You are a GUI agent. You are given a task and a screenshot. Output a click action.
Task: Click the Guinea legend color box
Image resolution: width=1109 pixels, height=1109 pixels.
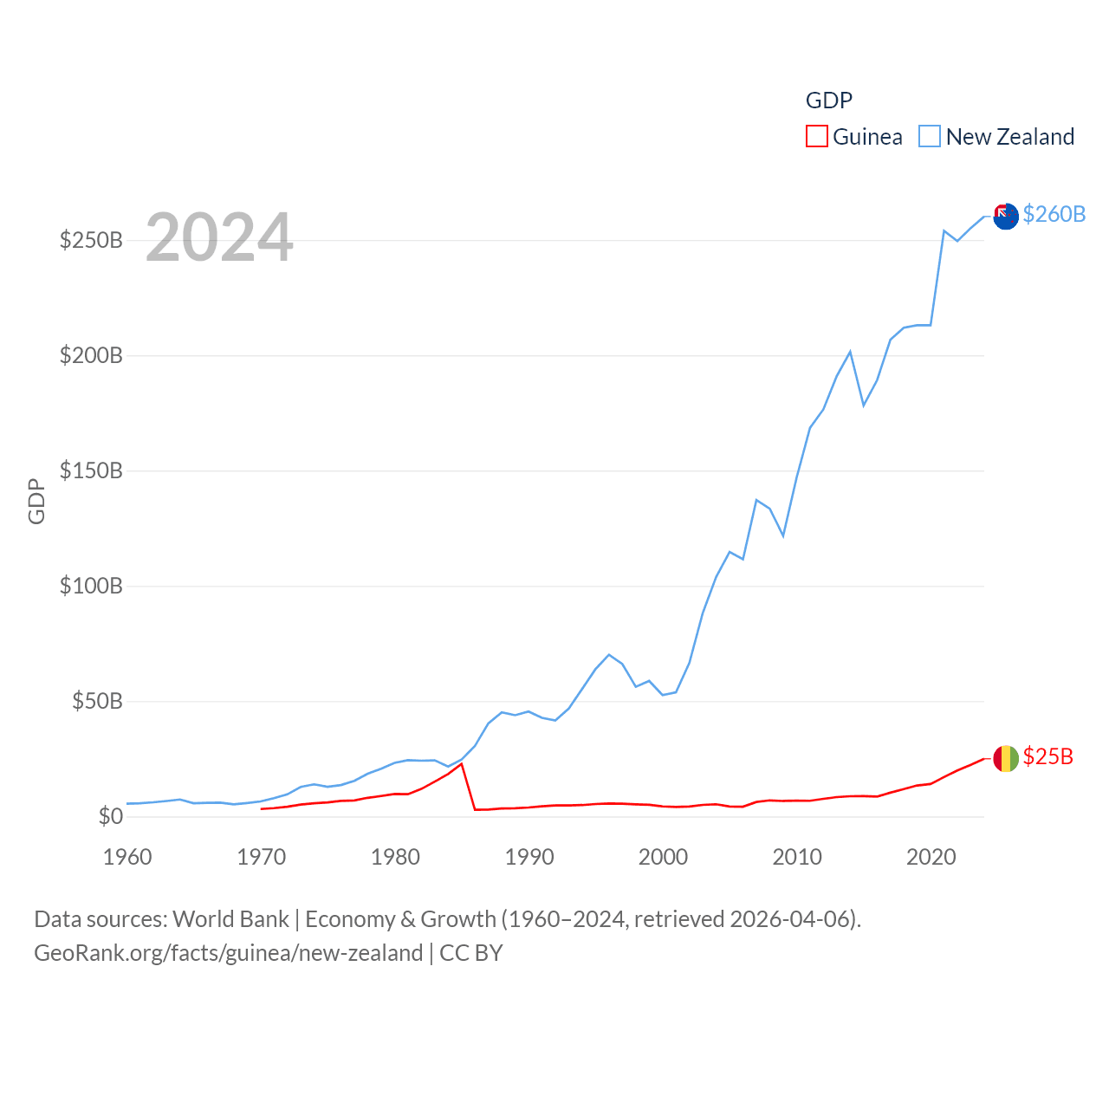coord(817,137)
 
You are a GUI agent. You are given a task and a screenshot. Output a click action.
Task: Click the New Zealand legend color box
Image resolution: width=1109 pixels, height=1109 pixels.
coord(930,137)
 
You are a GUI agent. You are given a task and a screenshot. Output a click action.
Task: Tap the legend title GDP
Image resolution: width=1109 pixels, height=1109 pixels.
coord(829,101)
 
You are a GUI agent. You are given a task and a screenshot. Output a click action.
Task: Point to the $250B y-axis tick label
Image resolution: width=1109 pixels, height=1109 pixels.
coord(91,240)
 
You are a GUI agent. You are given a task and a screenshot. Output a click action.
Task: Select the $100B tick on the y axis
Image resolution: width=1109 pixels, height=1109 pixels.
coord(91,586)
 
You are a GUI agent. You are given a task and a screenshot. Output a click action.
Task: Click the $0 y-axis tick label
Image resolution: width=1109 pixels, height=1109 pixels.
coord(111,816)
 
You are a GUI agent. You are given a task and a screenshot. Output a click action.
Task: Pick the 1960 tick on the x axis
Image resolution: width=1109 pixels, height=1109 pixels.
coord(127,857)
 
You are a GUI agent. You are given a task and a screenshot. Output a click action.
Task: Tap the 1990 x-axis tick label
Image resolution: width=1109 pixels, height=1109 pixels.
coord(529,857)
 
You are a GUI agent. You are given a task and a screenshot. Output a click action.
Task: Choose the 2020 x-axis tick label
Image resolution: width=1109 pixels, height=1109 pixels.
coord(931,857)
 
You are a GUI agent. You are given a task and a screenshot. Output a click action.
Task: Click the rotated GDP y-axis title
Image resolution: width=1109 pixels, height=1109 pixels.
coord(36,501)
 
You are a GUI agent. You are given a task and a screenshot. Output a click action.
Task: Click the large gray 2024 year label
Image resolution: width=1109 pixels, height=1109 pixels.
coord(219,237)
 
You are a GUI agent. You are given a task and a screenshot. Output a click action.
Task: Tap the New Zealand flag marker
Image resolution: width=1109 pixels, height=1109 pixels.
coord(1006,217)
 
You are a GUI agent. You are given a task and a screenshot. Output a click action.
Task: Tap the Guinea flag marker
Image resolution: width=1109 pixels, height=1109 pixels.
coord(1006,759)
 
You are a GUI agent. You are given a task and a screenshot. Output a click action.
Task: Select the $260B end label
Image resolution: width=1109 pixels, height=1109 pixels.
coord(1054,214)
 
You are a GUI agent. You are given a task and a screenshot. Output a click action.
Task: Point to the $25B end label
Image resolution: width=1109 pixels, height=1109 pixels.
coord(1048,756)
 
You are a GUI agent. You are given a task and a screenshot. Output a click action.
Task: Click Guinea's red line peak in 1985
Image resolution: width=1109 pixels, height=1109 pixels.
coord(462,764)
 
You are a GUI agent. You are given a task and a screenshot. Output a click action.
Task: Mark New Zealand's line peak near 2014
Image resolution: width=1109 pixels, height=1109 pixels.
coord(850,352)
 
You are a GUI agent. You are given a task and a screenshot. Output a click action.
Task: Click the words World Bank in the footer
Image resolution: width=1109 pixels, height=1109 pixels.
coord(230,918)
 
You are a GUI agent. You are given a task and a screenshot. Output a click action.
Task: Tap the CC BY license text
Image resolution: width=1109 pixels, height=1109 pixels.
coord(471,953)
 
